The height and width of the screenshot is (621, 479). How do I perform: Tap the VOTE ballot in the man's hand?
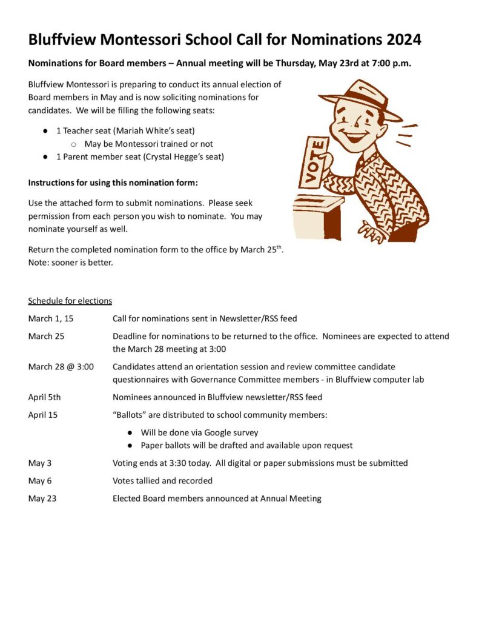[314, 161]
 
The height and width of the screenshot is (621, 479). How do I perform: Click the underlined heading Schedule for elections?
[70, 301]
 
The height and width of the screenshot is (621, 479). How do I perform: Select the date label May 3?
[39, 463]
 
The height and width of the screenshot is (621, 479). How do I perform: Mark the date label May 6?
[39, 480]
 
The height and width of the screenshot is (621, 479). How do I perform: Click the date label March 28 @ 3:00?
[61, 366]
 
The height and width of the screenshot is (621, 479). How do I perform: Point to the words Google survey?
[231, 432]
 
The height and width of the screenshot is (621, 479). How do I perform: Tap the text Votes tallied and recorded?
[162, 480]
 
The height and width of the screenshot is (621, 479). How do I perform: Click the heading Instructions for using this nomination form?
[113, 182]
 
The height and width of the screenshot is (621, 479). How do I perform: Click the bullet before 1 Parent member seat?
[45, 156]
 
